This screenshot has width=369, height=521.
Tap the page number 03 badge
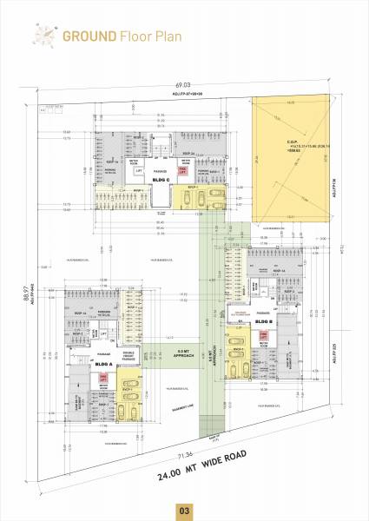(184, 510)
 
